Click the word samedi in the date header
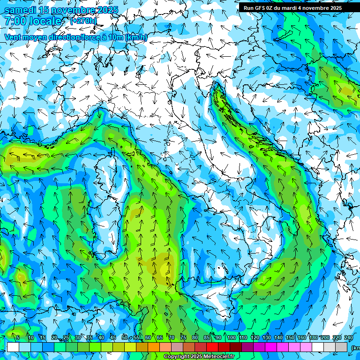[20, 10]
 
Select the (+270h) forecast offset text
[83, 21]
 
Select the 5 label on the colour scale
[18, 338]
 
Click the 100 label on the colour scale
[231, 338]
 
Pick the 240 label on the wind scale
[349, 338]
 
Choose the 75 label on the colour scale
[183, 338]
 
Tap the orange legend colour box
[142, 347]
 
